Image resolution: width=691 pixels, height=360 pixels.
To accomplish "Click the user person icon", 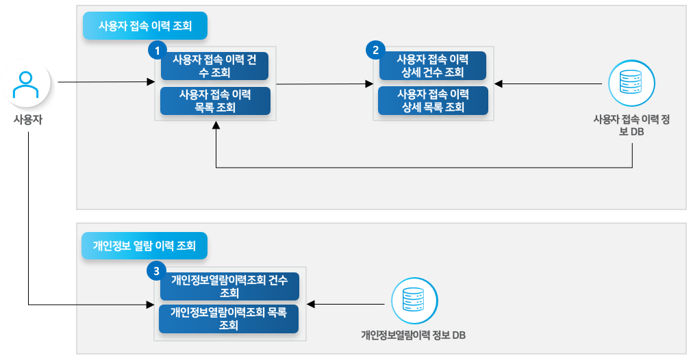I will pos(25,84).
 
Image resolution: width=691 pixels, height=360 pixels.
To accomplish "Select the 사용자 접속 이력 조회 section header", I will pos(145,27).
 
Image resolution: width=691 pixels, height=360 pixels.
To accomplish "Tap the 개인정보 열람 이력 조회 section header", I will pos(144,246).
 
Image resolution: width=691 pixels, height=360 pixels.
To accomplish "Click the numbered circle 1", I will pos(158,50).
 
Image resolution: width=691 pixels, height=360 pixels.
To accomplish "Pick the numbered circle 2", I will pos(375,50).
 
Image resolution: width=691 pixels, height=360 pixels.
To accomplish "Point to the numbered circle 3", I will pos(157,272).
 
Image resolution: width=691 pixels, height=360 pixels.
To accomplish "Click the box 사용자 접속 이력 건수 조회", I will pos(214,66).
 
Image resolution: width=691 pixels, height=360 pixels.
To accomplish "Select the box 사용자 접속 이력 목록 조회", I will pos(214,101).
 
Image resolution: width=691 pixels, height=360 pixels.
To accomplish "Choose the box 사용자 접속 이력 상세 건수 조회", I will pos(433,66).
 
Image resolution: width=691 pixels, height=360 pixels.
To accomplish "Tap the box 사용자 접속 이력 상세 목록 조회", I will pos(433,100).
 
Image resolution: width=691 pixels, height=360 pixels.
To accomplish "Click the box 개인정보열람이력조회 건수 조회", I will pos(229,286).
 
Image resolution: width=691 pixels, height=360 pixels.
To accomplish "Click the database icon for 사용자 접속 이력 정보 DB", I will pos(631,84).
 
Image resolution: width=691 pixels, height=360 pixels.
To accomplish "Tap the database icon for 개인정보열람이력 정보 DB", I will pos(414,302).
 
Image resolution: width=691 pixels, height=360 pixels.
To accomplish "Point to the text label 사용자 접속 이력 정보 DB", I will pos(631,126).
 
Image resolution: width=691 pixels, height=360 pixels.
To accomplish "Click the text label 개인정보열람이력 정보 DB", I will pos(414,336).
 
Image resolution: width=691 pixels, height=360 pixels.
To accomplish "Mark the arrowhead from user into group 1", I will pos(152,83).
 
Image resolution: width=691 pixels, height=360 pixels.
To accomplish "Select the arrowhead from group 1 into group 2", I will pos(370,84).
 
